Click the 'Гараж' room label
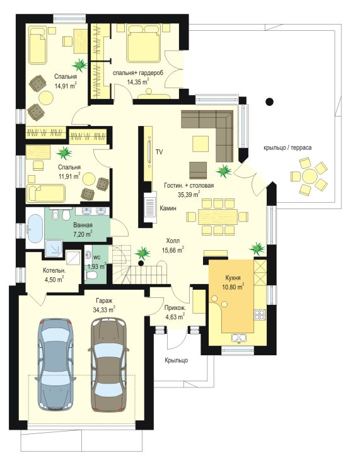pyautogui.click(x=104, y=301)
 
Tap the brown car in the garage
pyautogui.click(x=108, y=364)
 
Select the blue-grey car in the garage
pyautogui.click(x=56, y=364)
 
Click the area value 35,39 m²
pyautogui.click(x=189, y=194)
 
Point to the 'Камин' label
pyautogui.click(x=168, y=208)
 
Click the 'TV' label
pyautogui.click(x=160, y=152)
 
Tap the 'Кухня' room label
pyautogui.click(x=233, y=278)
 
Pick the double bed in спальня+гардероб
pyautogui.click(x=144, y=43)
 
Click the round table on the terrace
pyautogui.click(x=310, y=176)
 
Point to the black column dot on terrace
pyautogui.click(x=269, y=102)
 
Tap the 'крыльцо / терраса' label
pyautogui.click(x=287, y=147)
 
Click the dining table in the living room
pyautogui.click(x=218, y=217)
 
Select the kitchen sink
pyautogui.click(x=239, y=338)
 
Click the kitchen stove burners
pyautogui.click(x=260, y=314)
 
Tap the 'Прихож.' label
pyautogui.click(x=175, y=308)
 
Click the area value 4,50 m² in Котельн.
pyautogui.click(x=54, y=279)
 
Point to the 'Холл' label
pyautogui.click(x=173, y=241)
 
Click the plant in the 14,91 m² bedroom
pyautogui.click(x=80, y=65)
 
